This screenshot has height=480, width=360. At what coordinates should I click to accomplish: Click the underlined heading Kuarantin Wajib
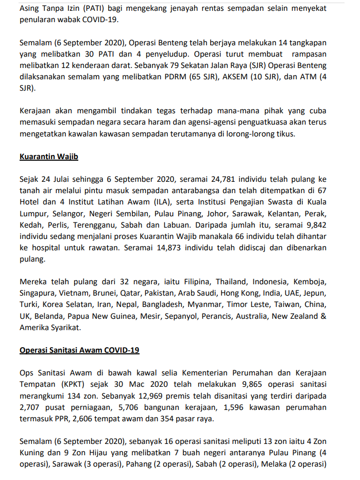click(48, 157)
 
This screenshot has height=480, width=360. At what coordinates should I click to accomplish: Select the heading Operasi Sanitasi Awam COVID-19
click(79, 350)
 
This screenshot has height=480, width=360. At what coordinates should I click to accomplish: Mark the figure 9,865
click(252, 384)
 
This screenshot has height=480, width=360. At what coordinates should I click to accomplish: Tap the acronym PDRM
click(190, 77)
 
